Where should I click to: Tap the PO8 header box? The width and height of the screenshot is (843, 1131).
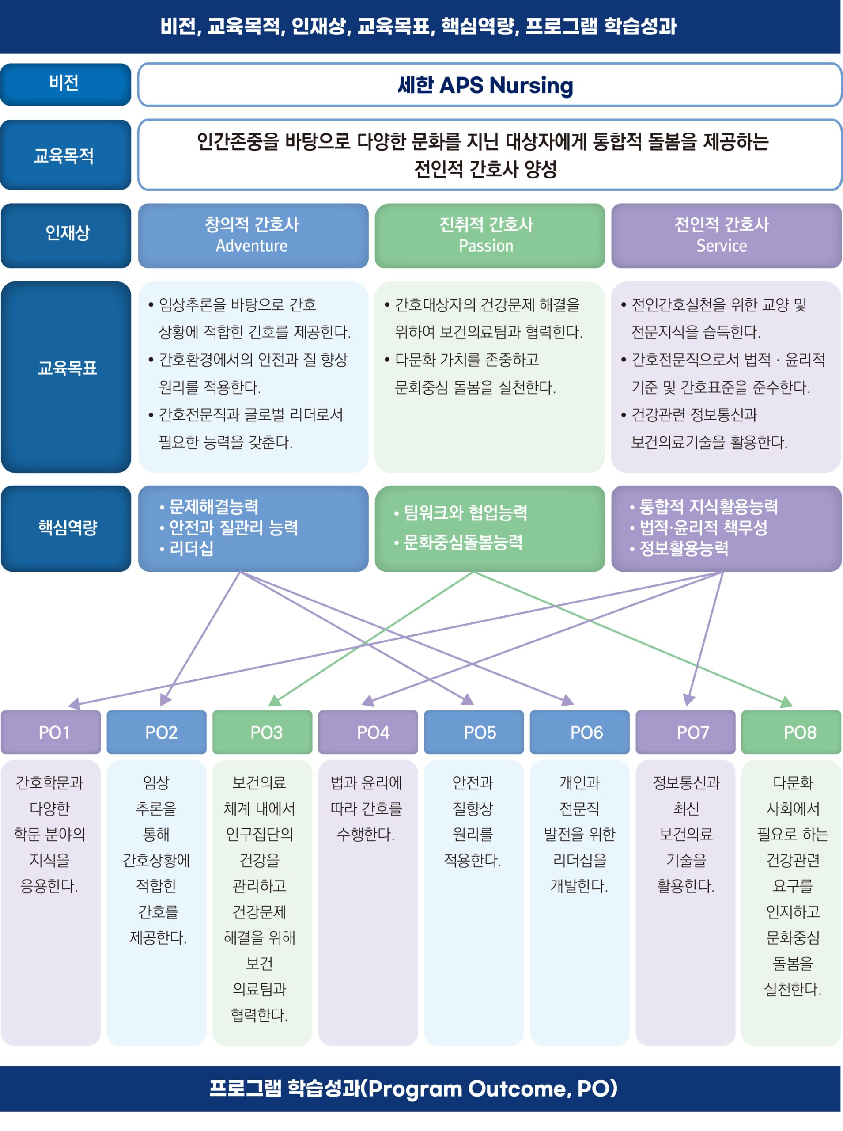[x=791, y=732]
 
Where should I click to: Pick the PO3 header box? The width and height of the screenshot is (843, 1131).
[x=262, y=732]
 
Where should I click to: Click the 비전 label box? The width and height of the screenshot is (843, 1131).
[x=65, y=83]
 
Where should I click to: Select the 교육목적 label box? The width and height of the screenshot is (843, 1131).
[x=65, y=155]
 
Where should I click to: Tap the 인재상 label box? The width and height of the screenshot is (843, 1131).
[x=66, y=235]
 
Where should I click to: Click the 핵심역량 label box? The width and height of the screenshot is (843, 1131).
[x=66, y=528]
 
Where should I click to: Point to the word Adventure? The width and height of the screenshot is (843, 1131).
[x=252, y=246]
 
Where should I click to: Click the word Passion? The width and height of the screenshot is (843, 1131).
[x=486, y=246]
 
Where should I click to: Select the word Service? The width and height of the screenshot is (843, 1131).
[x=722, y=246]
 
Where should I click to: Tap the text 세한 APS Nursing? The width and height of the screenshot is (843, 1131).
[x=485, y=85]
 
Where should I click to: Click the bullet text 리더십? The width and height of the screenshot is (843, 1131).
[x=191, y=549]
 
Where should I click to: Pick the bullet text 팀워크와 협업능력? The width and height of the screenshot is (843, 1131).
[x=465, y=512]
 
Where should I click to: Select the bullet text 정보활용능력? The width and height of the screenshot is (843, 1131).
[x=684, y=549]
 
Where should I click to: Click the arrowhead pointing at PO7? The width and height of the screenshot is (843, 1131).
[x=688, y=699]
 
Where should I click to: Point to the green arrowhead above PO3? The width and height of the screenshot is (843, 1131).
[x=275, y=700]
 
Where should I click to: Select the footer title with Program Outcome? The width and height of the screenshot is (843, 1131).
[x=413, y=1088]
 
